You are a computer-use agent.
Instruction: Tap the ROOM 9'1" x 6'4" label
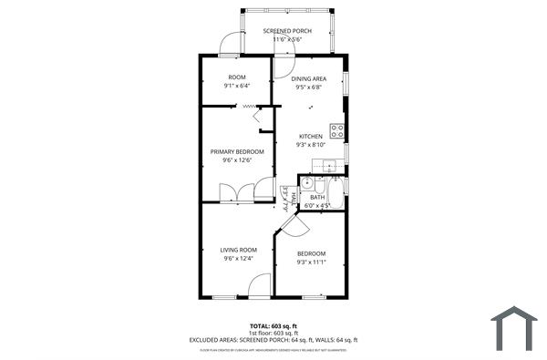tap(236, 78)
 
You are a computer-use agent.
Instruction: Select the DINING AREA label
tap(309, 79)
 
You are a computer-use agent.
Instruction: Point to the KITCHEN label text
tap(310, 137)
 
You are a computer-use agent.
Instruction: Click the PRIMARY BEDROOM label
tap(237, 151)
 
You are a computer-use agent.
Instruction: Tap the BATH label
tap(317, 197)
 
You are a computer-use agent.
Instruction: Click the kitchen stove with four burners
tap(336, 130)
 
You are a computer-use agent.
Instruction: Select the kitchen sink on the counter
tap(327, 165)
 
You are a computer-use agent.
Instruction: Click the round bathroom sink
tap(308, 182)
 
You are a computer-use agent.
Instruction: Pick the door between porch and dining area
tap(282, 65)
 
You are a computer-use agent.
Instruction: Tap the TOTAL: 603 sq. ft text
tap(273, 325)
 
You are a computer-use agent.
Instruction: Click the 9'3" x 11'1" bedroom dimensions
tap(310, 262)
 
